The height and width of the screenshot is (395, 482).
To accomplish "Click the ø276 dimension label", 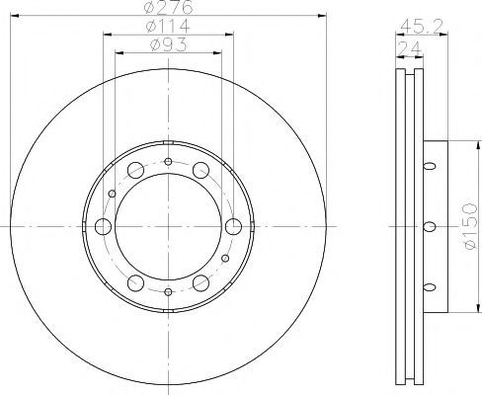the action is (168, 7).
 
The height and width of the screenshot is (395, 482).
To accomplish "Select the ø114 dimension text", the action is (168, 26).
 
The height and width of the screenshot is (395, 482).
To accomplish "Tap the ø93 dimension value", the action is (168, 44).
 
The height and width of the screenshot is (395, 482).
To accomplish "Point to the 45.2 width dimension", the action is (422, 26).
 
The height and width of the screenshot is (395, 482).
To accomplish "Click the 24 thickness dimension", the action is (410, 48).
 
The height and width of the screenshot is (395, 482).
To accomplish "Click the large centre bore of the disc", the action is (168, 226).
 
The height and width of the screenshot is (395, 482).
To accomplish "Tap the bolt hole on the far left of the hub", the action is (103, 226).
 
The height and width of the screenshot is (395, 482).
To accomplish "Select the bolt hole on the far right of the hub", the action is (233, 226).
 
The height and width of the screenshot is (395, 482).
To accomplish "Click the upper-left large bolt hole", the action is (135, 170).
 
